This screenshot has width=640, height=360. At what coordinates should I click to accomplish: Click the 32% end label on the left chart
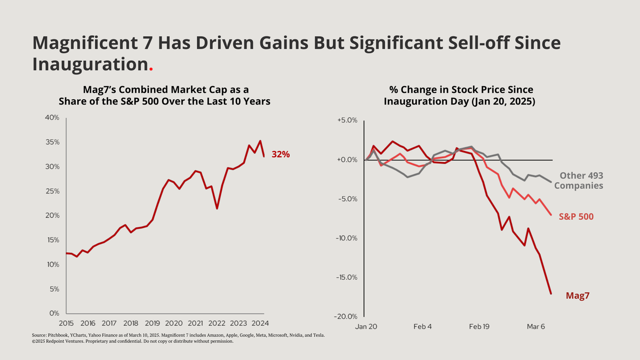coord(281,155)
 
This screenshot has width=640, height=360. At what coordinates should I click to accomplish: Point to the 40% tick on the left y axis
coord(52,118)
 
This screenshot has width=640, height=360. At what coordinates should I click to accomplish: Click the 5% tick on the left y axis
coord(54,289)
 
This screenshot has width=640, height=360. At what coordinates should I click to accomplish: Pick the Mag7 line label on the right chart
coord(577,295)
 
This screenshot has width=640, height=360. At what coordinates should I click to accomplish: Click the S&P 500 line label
coord(576,217)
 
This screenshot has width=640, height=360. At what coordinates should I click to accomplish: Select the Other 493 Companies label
coord(578,181)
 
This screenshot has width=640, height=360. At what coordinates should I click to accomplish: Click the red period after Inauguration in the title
coord(151,69)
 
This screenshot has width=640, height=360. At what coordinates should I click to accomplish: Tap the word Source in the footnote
coord(39,335)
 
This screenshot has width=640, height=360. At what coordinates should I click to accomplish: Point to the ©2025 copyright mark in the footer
coord(39,341)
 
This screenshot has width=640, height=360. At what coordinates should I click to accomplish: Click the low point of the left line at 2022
coord(217,209)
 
